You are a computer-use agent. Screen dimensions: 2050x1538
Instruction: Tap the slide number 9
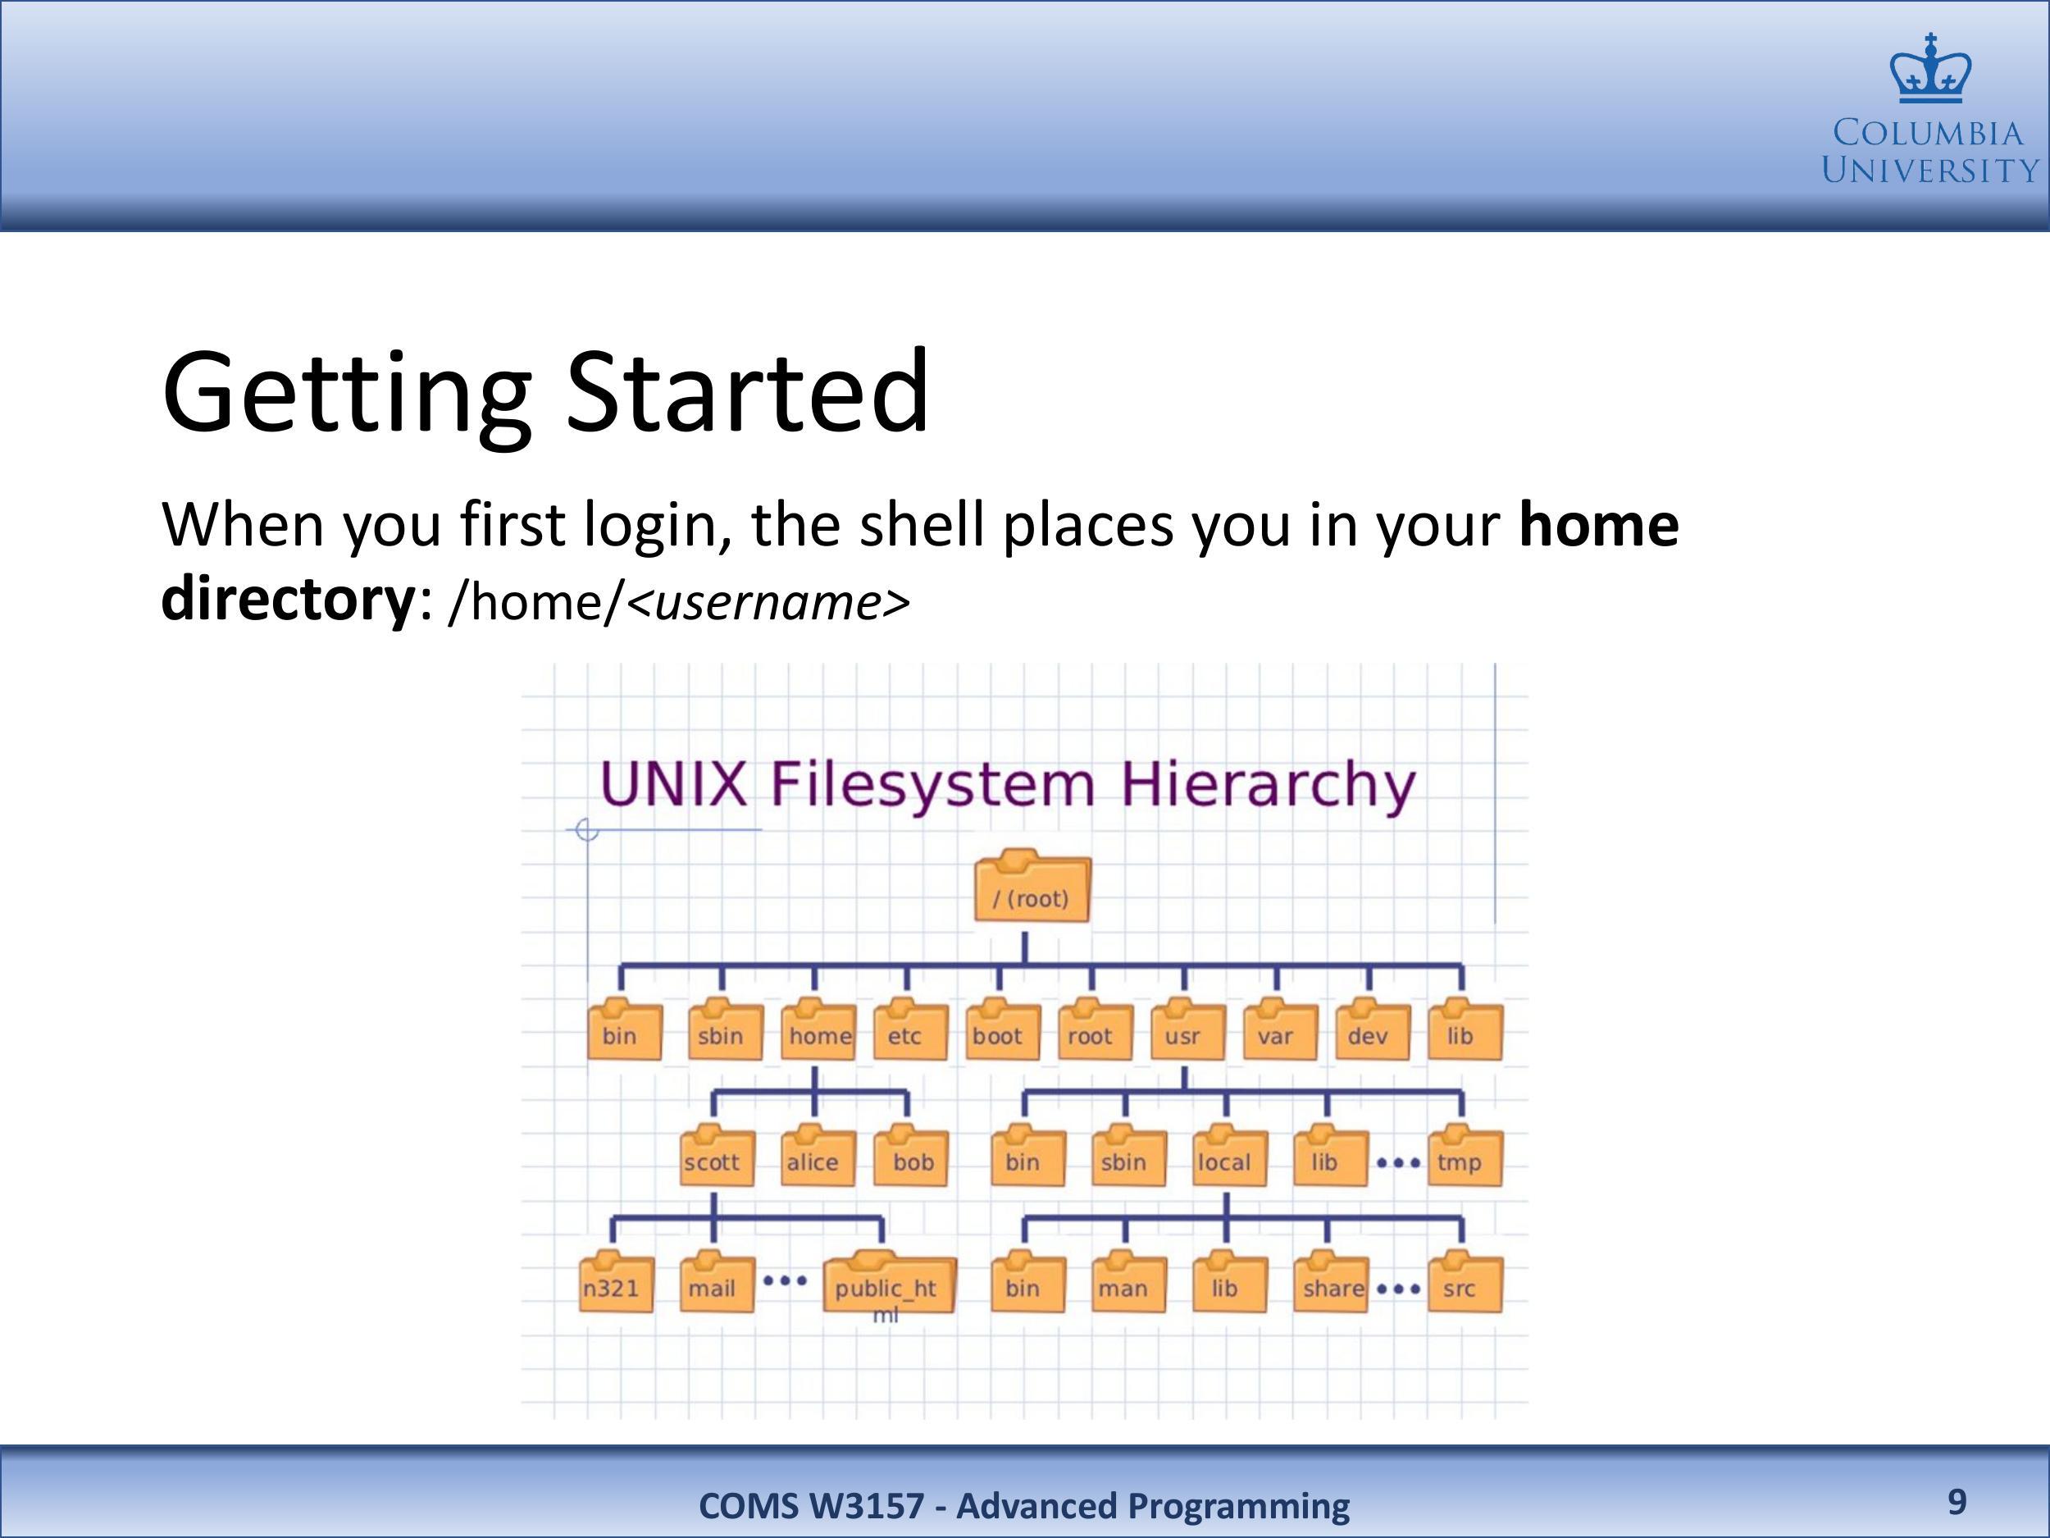tap(1957, 1502)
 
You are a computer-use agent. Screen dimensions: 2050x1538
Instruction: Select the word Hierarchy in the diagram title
tap(1268, 785)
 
